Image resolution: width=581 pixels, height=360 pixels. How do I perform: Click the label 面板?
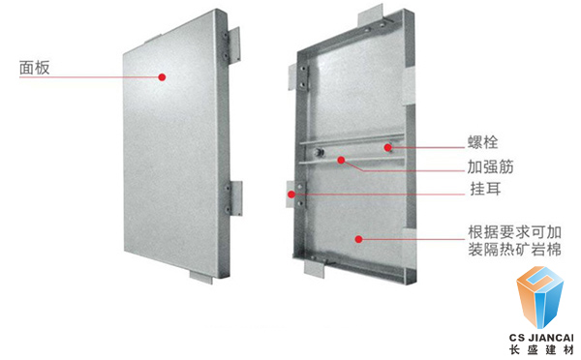point(35,68)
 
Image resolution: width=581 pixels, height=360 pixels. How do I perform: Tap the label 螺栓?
point(482,142)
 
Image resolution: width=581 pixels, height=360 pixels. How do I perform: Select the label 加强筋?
point(490,166)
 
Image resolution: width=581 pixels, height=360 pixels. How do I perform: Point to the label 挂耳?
point(485,189)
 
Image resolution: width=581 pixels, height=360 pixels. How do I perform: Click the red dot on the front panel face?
point(162,77)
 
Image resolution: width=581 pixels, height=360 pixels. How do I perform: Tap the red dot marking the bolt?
point(388,148)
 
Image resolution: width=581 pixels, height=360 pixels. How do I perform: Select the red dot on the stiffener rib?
point(341,160)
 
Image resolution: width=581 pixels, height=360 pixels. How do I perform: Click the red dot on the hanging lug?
point(291,195)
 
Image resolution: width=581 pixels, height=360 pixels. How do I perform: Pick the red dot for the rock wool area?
point(358,239)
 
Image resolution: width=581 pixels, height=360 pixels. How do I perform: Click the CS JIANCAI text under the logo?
point(540,338)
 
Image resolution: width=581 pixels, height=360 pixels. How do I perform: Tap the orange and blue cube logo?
point(540,297)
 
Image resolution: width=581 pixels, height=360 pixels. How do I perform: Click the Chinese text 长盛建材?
point(541,350)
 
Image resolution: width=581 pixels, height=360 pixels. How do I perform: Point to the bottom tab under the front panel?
point(201,277)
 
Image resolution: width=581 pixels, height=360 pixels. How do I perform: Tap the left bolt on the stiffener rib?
point(319,152)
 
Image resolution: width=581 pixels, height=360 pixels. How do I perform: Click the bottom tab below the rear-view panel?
point(314,268)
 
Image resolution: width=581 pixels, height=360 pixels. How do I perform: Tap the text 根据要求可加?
point(514,232)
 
